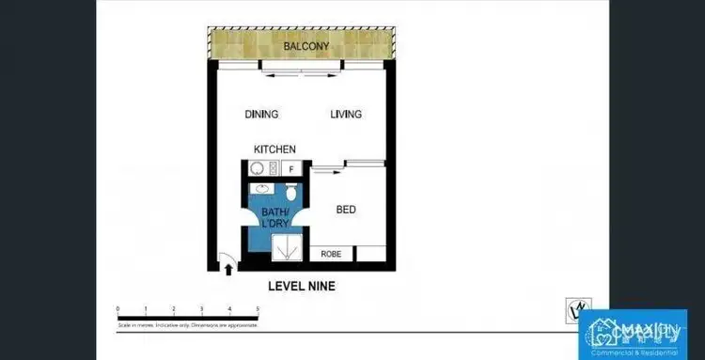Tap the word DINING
tap(261, 115)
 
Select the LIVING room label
tap(346, 115)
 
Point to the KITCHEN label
tap(275, 149)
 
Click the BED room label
tap(346, 210)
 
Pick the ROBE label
tap(331, 254)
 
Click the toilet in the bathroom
tap(292, 192)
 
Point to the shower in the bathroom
tap(284, 247)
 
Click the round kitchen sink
tap(256, 169)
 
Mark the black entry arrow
tap(231, 269)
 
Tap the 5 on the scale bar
tap(258, 308)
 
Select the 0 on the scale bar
tap(117, 308)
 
